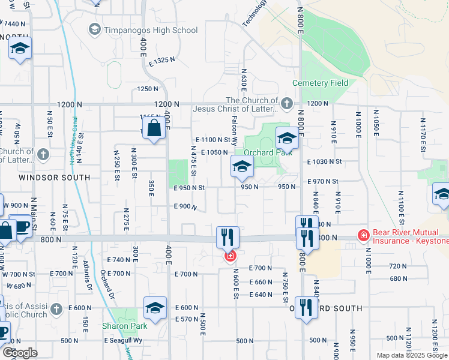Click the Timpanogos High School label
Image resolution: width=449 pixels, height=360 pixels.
point(151,30)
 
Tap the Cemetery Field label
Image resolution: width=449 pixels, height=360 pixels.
point(320,83)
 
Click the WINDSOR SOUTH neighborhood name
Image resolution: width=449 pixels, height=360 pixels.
point(54,178)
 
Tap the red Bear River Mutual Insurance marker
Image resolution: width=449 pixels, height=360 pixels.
point(363,235)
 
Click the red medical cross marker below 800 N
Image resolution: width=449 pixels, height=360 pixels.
point(229,257)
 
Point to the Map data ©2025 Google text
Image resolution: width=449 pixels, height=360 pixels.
point(411,355)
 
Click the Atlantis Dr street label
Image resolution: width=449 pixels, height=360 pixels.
point(90,277)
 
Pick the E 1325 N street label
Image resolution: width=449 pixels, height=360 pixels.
point(158,60)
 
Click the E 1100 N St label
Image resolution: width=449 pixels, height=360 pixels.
point(213,139)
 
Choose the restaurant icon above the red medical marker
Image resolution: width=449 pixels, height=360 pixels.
point(228,236)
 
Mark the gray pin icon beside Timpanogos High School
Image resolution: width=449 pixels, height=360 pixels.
point(95,29)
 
